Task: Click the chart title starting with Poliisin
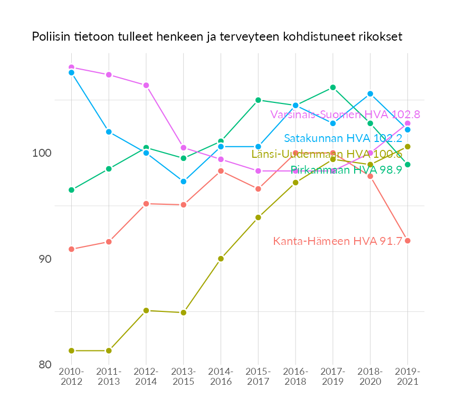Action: pos(217,37)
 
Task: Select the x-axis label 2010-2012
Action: pos(71,377)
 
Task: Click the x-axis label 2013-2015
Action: pos(183,377)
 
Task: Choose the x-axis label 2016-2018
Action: pos(296,377)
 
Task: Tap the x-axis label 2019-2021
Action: pos(407,377)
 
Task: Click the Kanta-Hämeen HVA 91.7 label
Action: pos(338,241)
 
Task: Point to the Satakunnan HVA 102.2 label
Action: pos(343,138)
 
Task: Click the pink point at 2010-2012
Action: pos(71,68)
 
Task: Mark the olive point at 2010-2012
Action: pos(71,350)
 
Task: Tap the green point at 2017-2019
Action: pos(332,88)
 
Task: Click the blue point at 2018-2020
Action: pos(370,94)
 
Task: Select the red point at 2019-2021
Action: pos(407,241)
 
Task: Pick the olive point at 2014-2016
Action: pos(221,259)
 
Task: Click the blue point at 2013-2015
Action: pos(183,182)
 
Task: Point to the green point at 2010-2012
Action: pos(71,190)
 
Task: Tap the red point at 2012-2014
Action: pos(146,204)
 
